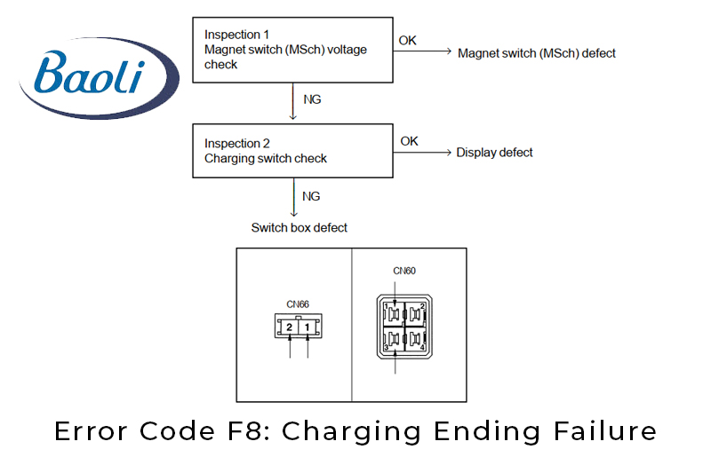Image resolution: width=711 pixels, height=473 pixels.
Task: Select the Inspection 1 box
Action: [x=293, y=50]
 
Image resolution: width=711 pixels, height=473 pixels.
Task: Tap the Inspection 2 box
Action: [x=293, y=151]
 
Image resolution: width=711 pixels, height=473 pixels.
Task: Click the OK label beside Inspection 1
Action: [x=407, y=41]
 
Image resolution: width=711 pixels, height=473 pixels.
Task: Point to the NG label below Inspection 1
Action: [x=312, y=99]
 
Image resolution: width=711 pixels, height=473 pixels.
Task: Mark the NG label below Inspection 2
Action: [x=311, y=196]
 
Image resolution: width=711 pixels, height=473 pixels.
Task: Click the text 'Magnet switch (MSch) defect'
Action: [x=536, y=53]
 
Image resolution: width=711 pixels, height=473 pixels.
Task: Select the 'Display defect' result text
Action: [x=494, y=153]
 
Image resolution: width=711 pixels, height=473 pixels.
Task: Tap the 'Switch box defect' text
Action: [x=299, y=228]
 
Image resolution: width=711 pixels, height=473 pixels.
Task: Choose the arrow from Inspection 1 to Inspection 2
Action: [x=293, y=102]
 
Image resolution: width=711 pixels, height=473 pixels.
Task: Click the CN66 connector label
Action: [x=298, y=304]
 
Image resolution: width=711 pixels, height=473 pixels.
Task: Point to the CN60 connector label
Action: [x=404, y=272]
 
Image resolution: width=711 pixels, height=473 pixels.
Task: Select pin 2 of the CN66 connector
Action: [x=290, y=327]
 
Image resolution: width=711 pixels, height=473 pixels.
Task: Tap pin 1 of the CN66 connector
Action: [x=307, y=327]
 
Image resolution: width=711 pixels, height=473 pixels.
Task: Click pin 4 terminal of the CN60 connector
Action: [x=416, y=341]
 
